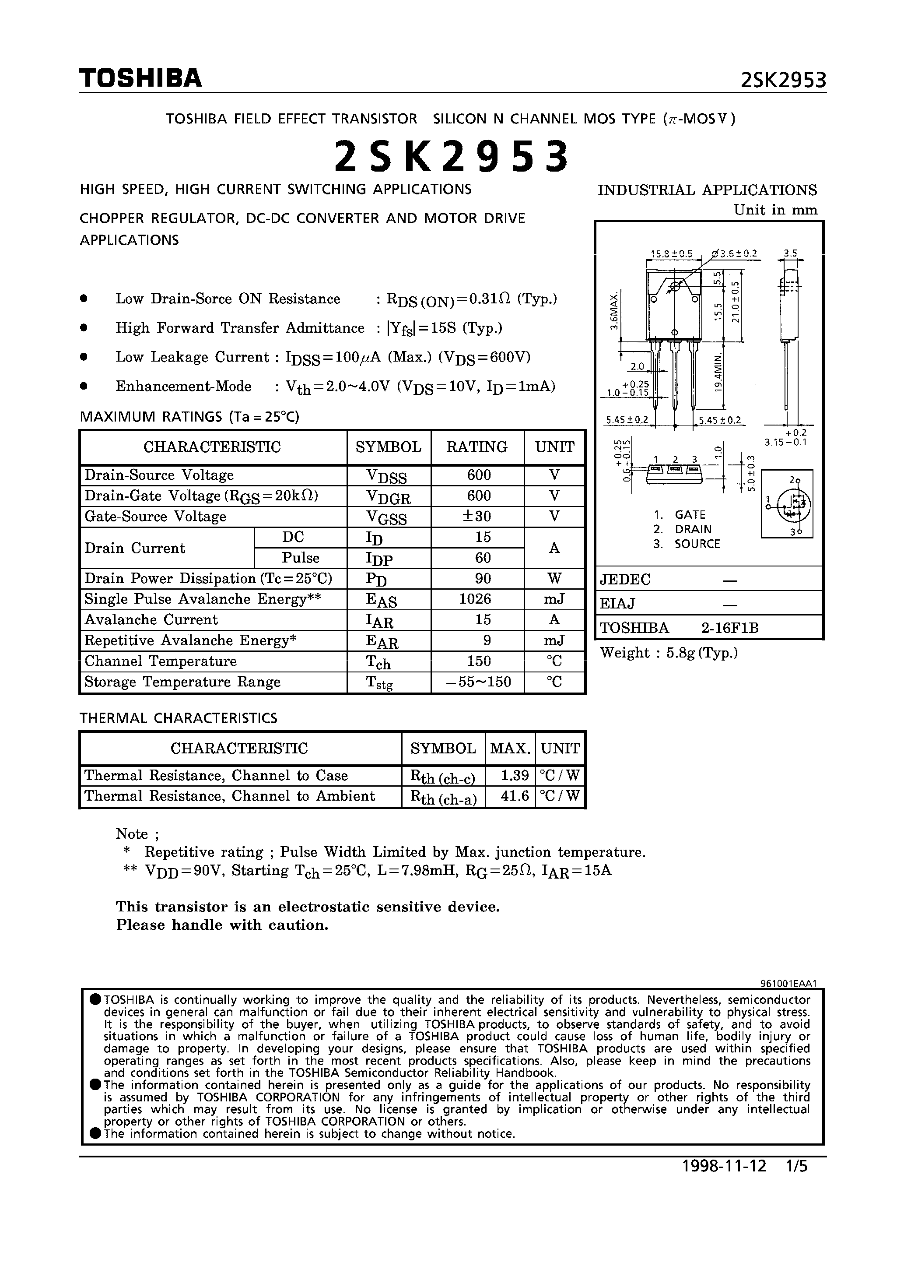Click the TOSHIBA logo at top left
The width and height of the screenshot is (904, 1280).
tap(140, 79)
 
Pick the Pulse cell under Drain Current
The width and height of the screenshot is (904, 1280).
tap(301, 558)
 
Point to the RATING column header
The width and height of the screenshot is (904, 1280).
tap(477, 447)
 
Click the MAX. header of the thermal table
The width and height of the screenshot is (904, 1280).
tap(509, 748)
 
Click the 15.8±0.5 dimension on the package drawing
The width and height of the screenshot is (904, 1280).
tap(671, 253)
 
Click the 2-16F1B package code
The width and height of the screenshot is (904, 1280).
tap(729, 628)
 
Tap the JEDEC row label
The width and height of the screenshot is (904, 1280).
tap(625, 579)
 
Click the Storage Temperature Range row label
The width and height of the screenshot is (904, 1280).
tap(182, 682)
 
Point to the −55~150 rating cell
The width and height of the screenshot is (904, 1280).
tap(479, 682)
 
